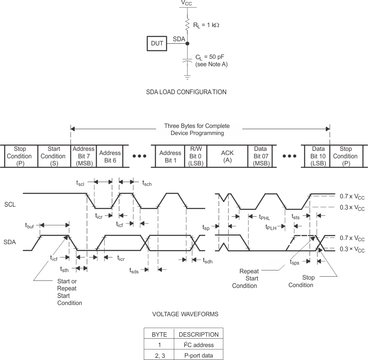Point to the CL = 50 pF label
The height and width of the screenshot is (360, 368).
tap(212, 57)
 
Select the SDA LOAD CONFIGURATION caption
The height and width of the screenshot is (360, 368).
tap(187, 92)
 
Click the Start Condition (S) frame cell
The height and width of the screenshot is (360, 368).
tap(54, 156)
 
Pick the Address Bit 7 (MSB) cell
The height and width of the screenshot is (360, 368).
tap(83, 156)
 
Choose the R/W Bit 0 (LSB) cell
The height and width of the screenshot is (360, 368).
tap(195, 156)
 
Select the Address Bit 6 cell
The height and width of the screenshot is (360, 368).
tap(110, 156)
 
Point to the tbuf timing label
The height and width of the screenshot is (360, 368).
tap(30, 225)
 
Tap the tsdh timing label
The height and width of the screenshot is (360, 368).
tap(207, 261)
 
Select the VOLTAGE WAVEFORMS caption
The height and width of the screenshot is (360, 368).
tap(185, 314)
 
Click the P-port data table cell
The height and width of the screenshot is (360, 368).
tap(198, 355)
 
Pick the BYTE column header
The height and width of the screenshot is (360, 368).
tap(159, 334)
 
